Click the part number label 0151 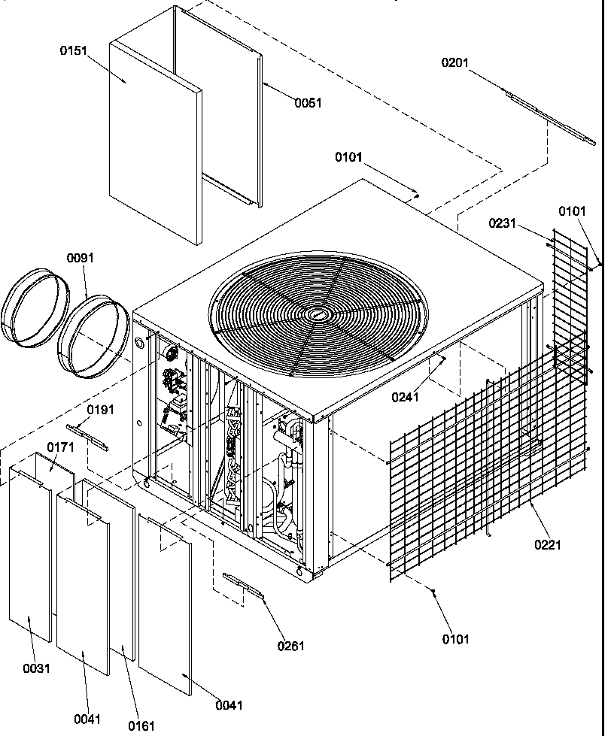click(x=73, y=50)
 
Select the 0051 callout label click(x=308, y=103)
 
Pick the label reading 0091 click(x=80, y=257)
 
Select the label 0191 click(x=100, y=410)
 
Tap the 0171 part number click(x=60, y=447)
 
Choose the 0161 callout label click(x=141, y=725)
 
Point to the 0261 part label click(x=290, y=646)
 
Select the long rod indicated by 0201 click(x=549, y=117)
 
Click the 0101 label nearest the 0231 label click(x=571, y=211)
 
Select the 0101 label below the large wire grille click(x=454, y=639)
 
